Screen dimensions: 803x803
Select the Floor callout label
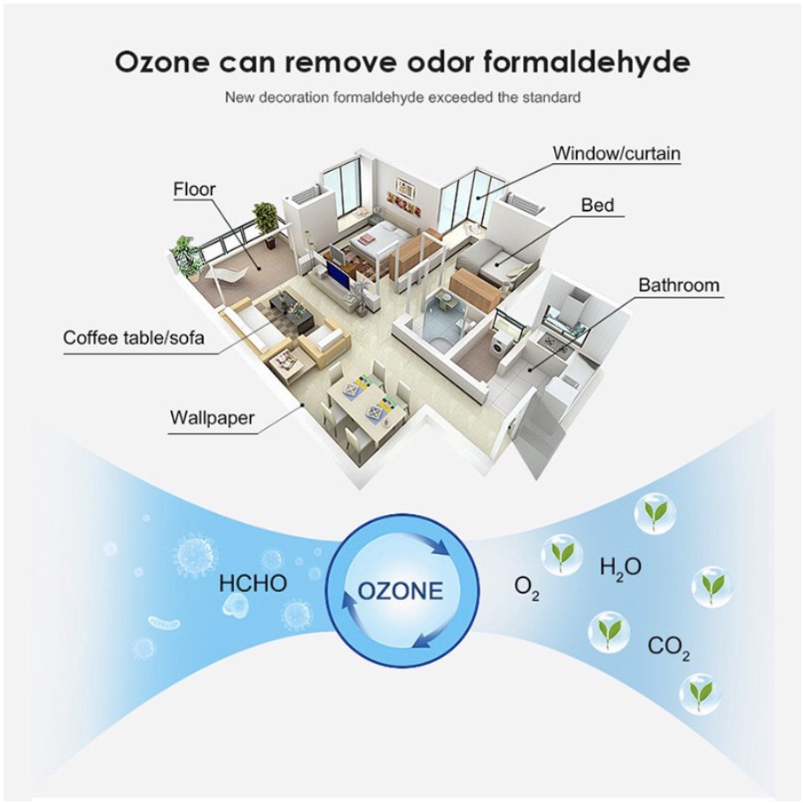coord(194,189)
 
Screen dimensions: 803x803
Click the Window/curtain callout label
coord(617,153)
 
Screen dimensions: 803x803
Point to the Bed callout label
coord(597,206)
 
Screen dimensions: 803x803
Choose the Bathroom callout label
coord(679,285)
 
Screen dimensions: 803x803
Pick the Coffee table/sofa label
coord(133,338)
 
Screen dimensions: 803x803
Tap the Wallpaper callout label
coord(213,417)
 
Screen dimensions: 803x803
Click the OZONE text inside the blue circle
coord(400,590)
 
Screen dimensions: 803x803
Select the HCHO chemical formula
coord(253,583)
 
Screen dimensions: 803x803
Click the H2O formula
coord(620,567)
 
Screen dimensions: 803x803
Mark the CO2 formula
coord(668,647)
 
